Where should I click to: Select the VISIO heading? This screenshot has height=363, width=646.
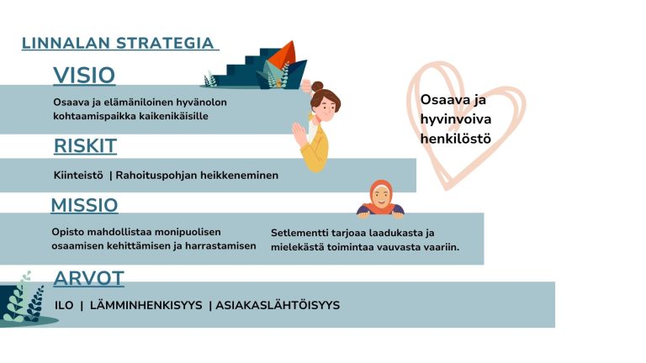[x=84, y=76]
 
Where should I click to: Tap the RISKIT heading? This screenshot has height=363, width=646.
[x=85, y=145]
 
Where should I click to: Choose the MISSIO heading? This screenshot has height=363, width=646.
[x=84, y=205]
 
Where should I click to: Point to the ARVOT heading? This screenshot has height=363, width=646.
[x=88, y=278]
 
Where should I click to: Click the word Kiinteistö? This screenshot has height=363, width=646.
[x=78, y=176]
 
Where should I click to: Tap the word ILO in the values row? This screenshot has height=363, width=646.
[x=64, y=305]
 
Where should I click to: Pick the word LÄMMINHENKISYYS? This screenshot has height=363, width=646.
[x=146, y=305]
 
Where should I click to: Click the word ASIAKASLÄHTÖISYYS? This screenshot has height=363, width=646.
[x=278, y=305]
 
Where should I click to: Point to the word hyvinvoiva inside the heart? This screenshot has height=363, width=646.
[x=456, y=120]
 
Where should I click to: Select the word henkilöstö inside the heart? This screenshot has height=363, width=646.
[x=456, y=139]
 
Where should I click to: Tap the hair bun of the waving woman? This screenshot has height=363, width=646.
[x=317, y=87]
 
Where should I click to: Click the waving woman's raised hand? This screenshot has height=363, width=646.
[x=299, y=133]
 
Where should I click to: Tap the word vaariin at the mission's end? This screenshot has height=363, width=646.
[x=442, y=247]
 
